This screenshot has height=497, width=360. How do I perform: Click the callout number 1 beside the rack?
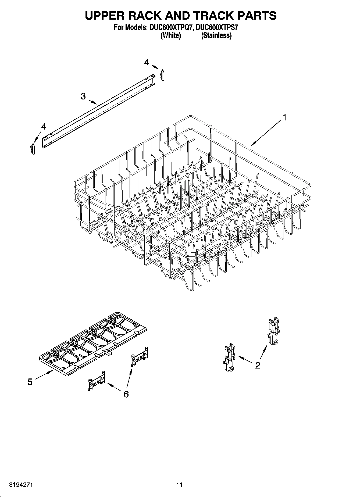(284, 117)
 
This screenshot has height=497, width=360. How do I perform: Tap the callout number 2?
(258, 365)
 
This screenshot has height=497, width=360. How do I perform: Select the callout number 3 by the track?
(83, 96)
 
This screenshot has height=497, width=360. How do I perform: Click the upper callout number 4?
(146, 62)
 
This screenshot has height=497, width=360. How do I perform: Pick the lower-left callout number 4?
(44, 126)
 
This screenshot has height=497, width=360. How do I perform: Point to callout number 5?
(30, 382)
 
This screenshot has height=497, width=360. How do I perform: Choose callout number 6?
(126, 394)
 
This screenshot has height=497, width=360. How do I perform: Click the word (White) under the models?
(170, 35)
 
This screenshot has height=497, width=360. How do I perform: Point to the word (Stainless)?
(216, 35)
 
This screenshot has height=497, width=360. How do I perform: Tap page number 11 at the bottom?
(179, 485)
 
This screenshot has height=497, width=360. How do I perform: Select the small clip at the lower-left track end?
(33, 149)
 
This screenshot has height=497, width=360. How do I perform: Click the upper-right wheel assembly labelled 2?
(273, 331)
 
